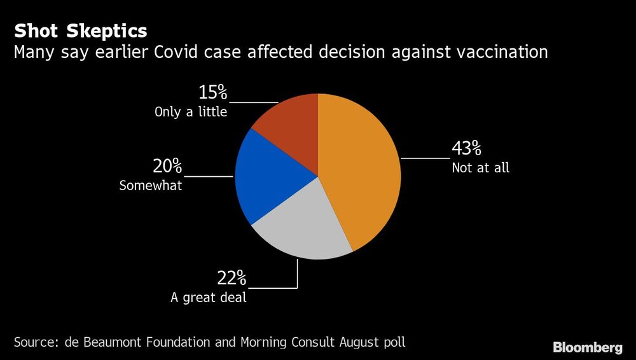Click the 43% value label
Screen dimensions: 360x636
click(466, 149)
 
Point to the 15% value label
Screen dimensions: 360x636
click(212, 93)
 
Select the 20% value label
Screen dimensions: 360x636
click(167, 167)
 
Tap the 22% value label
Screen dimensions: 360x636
click(232, 278)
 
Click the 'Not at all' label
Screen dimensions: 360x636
click(480, 169)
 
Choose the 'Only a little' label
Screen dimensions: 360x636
click(191, 113)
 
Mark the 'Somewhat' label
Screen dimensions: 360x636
click(151, 186)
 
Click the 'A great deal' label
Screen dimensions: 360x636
click(208, 297)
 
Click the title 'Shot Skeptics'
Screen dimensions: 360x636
click(81, 31)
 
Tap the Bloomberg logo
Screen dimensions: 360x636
click(587, 347)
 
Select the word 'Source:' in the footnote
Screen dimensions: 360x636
click(36, 342)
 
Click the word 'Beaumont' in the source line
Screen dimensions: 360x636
click(113, 342)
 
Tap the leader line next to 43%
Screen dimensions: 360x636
click(425, 158)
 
